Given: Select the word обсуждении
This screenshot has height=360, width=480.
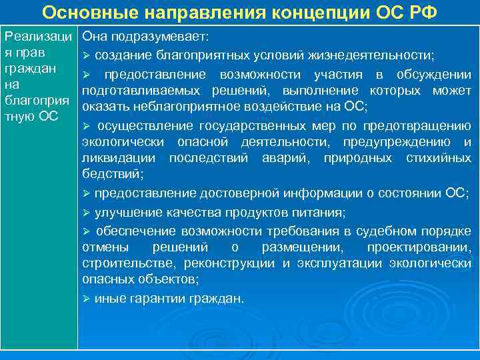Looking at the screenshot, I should coord(433,74).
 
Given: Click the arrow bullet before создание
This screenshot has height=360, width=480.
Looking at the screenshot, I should coord(87,54).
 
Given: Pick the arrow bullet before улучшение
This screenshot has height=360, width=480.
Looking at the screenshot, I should coord(87,213).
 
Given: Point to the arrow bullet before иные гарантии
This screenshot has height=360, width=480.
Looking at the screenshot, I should coord(87,298).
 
